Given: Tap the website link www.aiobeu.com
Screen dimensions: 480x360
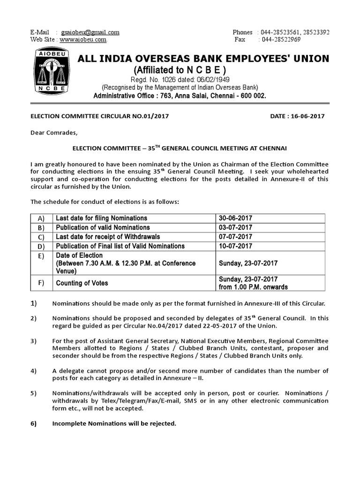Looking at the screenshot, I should coord(82,40).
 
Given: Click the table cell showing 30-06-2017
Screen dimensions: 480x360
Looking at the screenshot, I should coord(236,218).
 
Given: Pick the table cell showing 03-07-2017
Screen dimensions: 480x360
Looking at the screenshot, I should coord(236,227).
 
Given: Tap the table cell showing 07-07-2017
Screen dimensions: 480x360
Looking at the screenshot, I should coord(236,236).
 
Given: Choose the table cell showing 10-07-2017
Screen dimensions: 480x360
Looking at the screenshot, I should coord(236,246).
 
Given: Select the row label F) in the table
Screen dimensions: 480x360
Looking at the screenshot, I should coord(40,283).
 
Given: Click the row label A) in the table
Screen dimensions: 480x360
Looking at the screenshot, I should coord(40,218).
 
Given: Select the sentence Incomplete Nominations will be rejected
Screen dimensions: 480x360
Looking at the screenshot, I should coord(114,423).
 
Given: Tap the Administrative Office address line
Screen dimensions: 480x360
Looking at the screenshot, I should coord(180,96).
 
